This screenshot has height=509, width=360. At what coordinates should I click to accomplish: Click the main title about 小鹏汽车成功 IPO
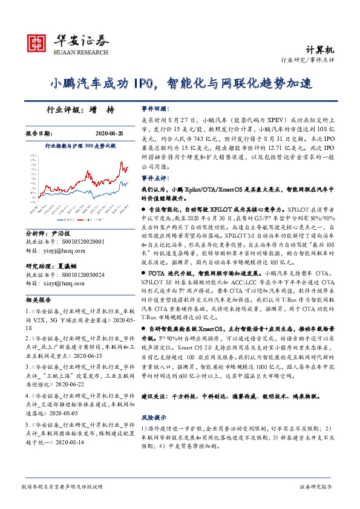tap(180, 83)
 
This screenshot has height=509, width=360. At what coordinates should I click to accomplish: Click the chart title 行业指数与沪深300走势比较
tap(80, 146)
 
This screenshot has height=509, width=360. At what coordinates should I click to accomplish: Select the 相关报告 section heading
tap(38, 300)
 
